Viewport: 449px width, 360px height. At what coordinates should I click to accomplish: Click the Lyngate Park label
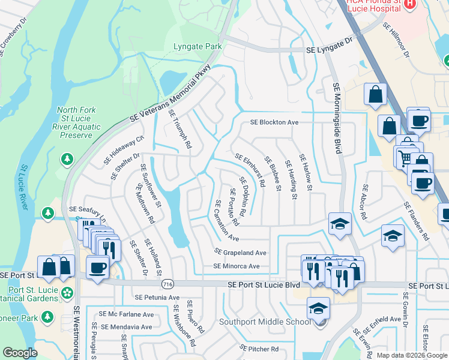[x=197, y=46]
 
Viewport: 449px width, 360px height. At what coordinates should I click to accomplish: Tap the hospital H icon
[x=410, y=4]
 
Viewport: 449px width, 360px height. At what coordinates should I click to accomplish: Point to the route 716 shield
[x=167, y=284]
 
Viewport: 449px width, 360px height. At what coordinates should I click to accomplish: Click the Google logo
[x=20, y=353]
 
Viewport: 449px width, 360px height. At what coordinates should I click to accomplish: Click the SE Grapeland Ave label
[x=241, y=253]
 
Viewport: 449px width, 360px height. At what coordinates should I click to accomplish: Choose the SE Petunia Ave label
[x=157, y=297]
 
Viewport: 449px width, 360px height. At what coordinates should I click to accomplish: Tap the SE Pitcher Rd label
[x=259, y=348]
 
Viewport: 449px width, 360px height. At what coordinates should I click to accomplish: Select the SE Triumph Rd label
[x=180, y=129]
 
